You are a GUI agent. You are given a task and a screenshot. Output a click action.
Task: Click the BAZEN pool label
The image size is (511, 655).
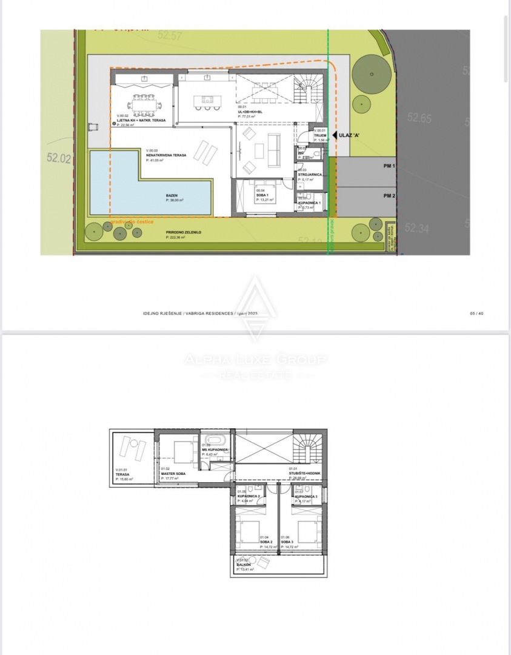click(x=172, y=196)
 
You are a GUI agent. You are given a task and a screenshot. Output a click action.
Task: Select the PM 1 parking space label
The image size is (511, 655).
click(x=389, y=166)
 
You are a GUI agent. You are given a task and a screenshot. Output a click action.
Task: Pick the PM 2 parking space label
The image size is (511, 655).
click(x=389, y=195)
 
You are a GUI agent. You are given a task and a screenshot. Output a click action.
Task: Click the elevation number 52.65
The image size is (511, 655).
click(x=419, y=118)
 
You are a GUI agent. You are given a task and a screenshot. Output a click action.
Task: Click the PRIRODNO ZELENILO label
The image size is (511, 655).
click(x=185, y=233)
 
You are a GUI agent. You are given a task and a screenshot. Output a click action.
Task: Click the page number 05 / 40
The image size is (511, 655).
click(x=476, y=313)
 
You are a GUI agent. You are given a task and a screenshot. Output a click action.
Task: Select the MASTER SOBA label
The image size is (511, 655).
click(x=173, y=474)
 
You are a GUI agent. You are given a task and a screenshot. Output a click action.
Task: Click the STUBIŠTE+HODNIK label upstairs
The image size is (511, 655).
click(x=305, y=473)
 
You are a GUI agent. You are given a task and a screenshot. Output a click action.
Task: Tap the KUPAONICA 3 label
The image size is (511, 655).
click(x=306, y=496)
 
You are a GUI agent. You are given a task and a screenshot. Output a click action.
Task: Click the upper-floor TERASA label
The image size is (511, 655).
click(x=124, y=474)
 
